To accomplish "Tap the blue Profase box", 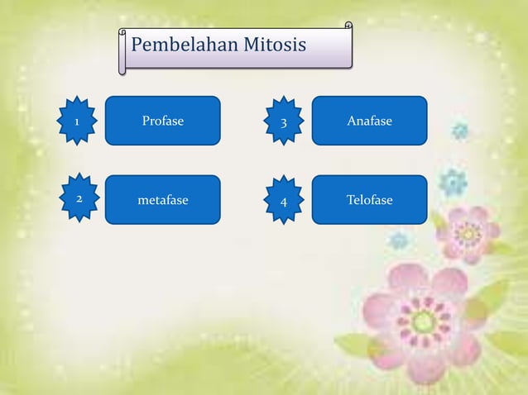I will (162, 121).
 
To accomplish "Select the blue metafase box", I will (162, 200).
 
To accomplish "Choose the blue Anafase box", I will (369, 121).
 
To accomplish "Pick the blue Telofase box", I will (369, 200).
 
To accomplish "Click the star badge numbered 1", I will (78, 121).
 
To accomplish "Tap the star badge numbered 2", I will (79, 199).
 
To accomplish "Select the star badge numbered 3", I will (284, 122).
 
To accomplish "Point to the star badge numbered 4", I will (284, 201).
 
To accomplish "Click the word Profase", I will (162, 121).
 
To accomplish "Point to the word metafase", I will (162, 200).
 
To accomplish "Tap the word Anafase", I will (369, 121).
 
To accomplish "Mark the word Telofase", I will (369, 200).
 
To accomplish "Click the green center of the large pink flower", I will (424, 321).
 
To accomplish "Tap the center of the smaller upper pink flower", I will (469, 234).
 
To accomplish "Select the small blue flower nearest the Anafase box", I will (460, 131).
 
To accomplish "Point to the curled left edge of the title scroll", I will (122, 51).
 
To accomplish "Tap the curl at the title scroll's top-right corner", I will (348, 27).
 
